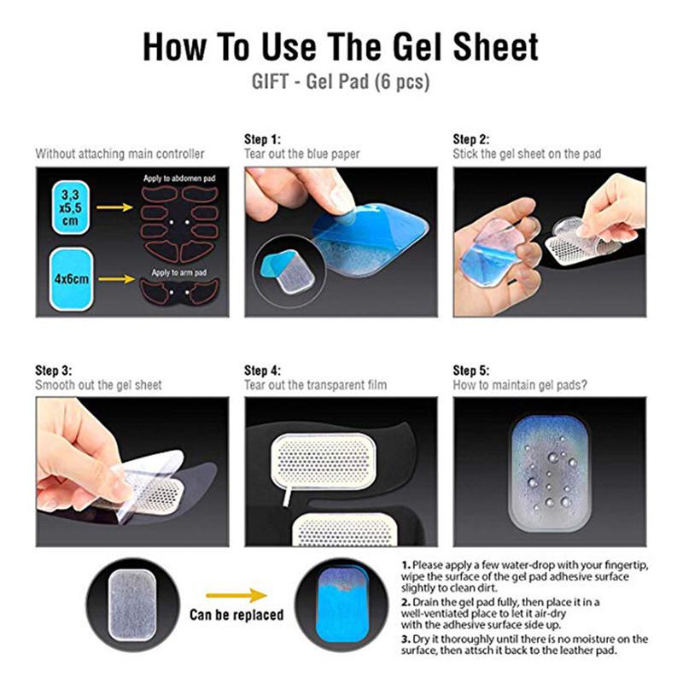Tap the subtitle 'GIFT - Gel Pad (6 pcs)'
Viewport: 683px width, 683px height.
(341, 84)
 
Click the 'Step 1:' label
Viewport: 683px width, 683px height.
(262, 139)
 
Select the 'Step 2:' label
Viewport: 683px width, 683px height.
(470, 139)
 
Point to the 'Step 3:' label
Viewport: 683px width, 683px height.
(53, 371)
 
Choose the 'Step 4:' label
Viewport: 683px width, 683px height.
(262, 371)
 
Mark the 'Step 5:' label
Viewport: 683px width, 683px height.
(470, 371)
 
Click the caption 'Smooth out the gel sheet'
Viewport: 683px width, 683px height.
(99, 385)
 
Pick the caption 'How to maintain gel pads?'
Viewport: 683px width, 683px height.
(520, 385)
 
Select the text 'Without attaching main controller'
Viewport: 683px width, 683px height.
(120, 155)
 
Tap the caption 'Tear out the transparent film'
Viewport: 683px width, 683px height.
(315, 385)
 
